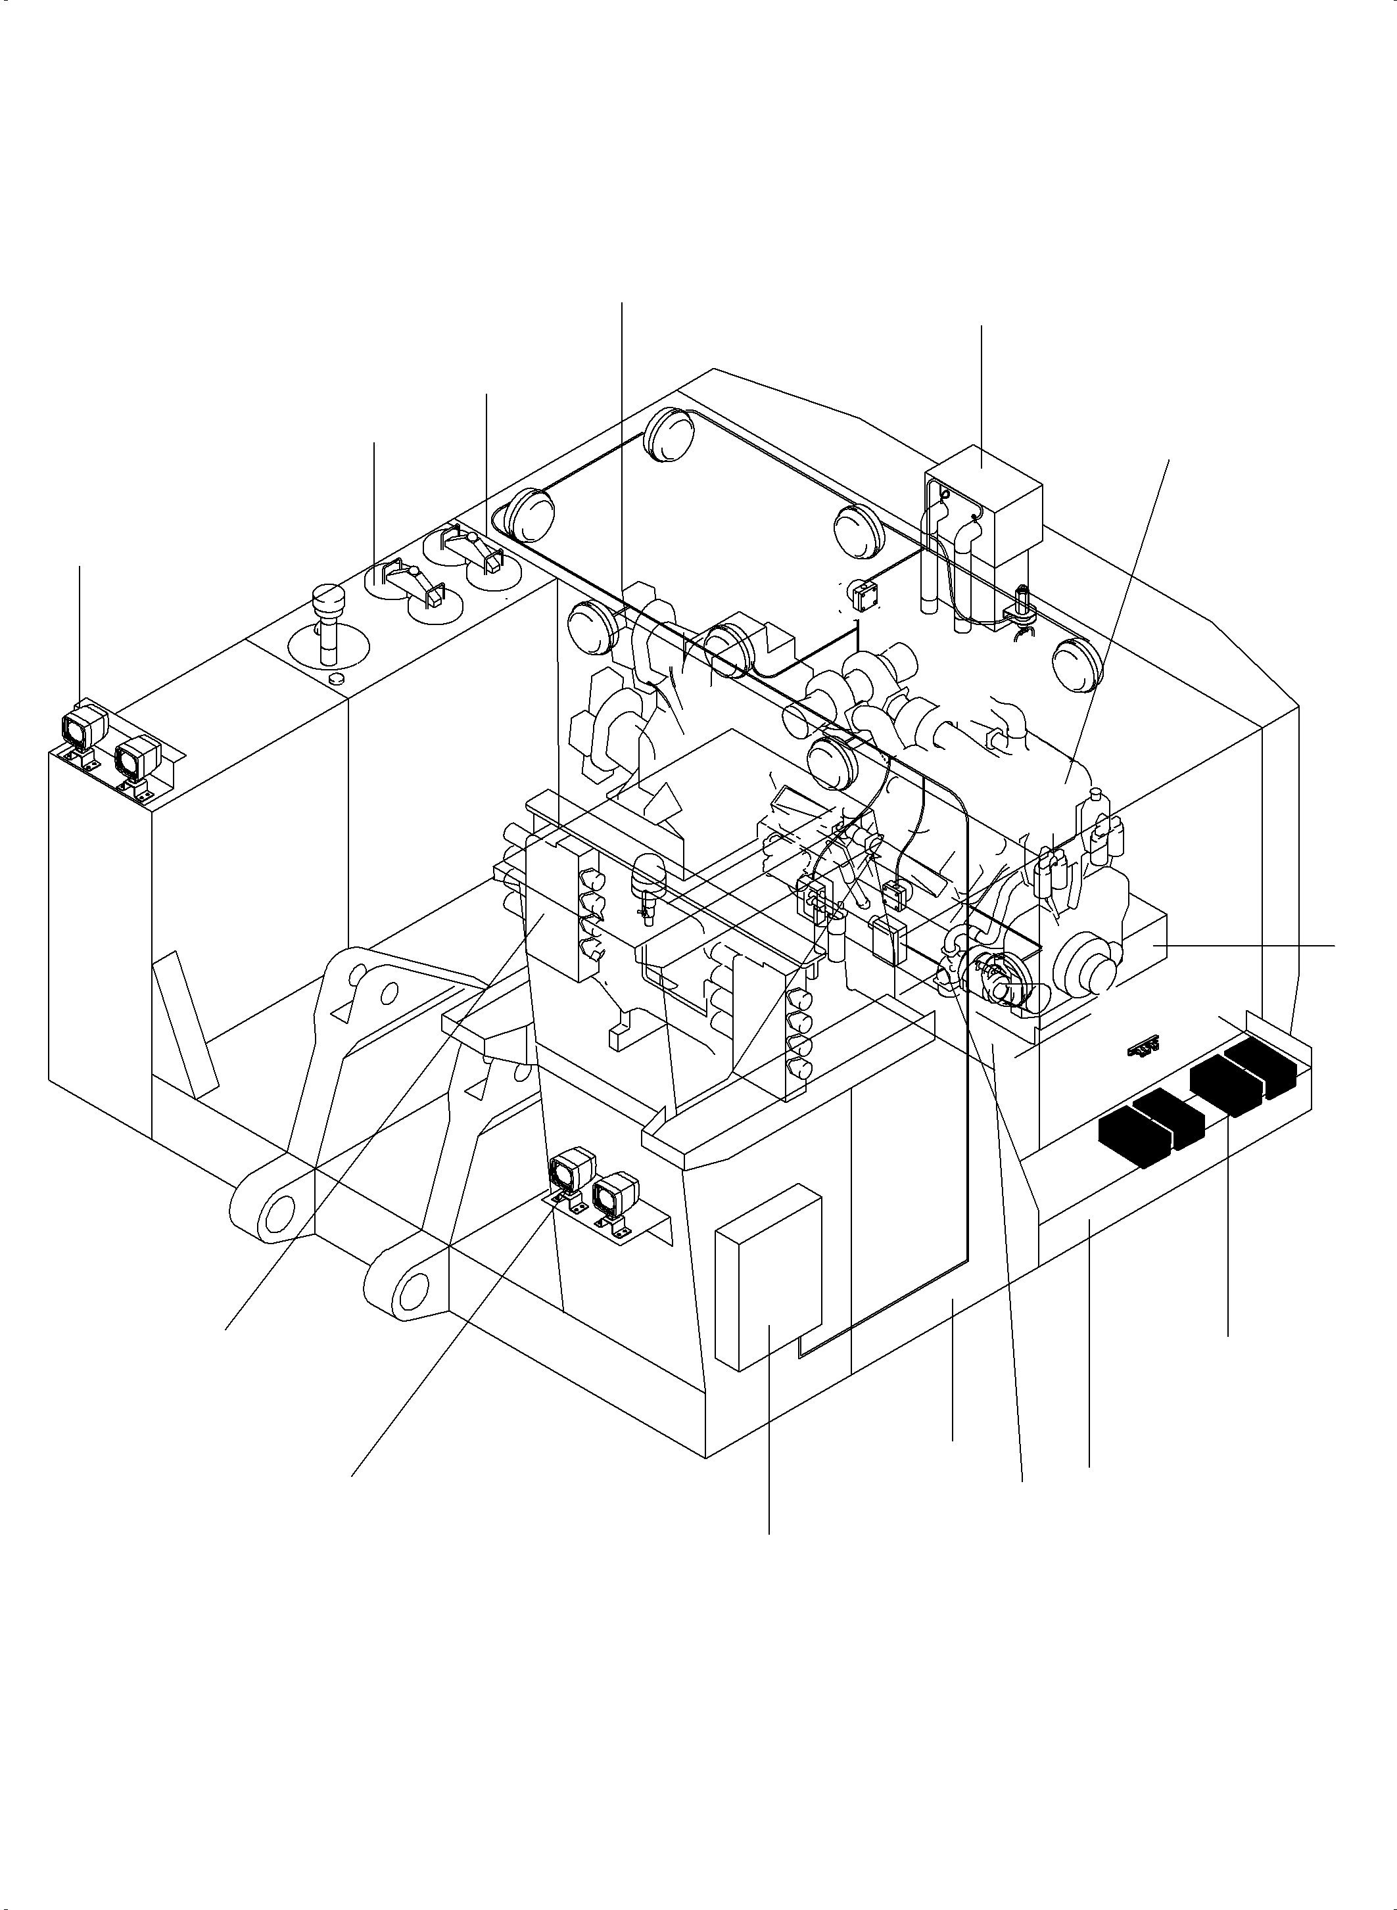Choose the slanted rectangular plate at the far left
pyautogui.click(x=186, y=1023)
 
